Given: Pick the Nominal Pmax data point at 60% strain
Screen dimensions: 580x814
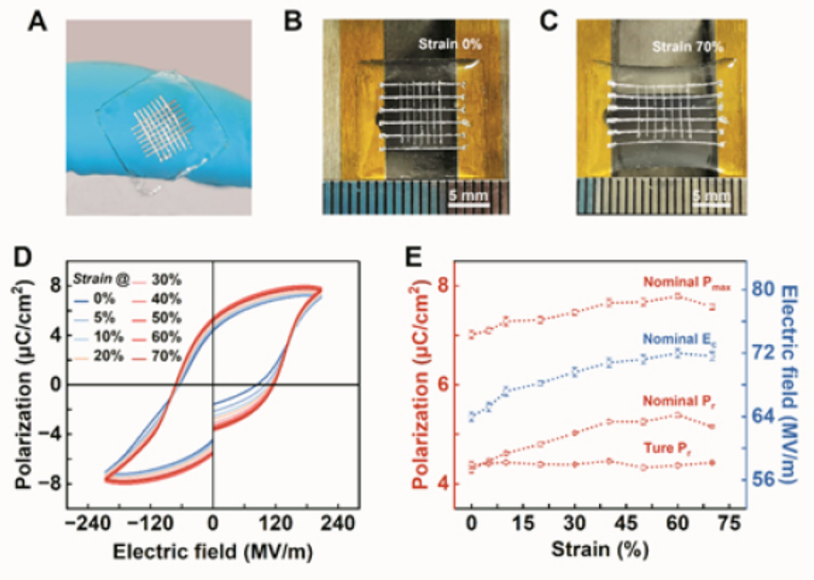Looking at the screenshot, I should pos(678,296).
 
